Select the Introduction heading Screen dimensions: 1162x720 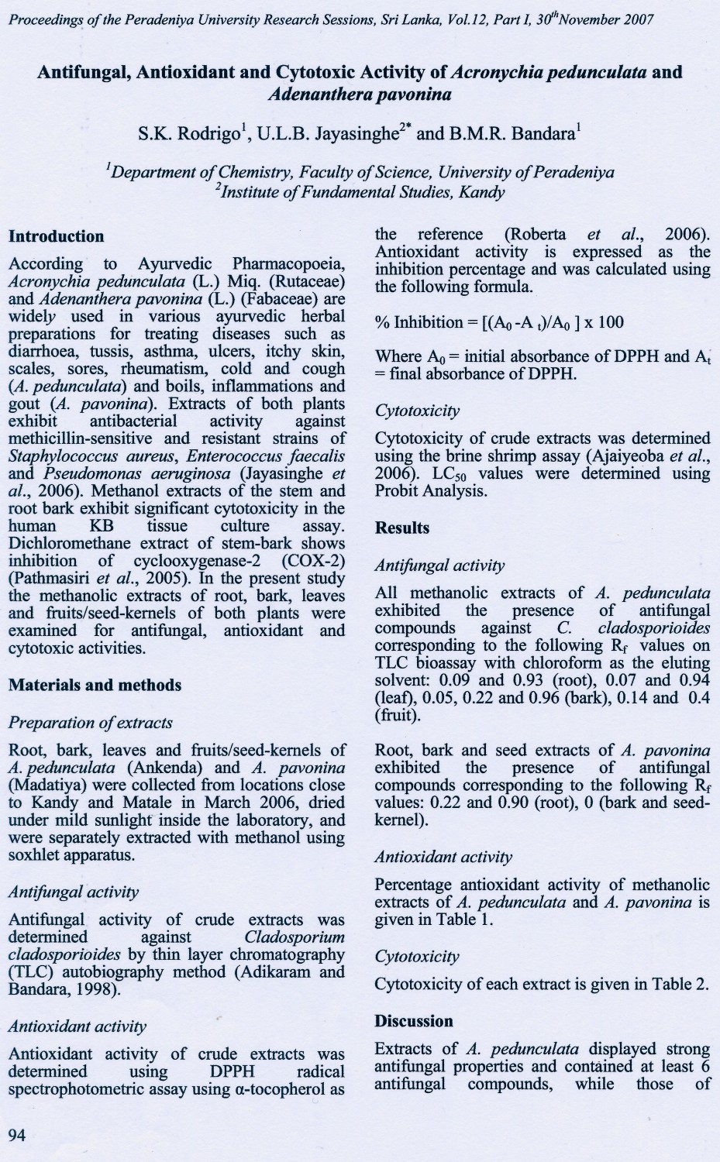[56, 236]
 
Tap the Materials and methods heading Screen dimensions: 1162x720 [95, 685]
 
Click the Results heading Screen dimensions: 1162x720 [401, 528]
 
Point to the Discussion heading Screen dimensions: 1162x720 [413, 1021]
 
